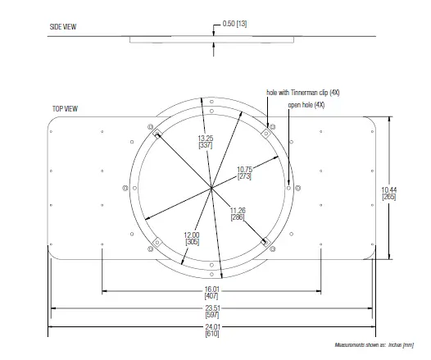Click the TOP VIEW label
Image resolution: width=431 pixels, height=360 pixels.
(66, 108)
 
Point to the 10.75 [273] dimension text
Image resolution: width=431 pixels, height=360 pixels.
(244, 173)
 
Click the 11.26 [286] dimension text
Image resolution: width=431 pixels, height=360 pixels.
(238, 212)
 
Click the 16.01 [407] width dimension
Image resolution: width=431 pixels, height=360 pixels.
(212, 294)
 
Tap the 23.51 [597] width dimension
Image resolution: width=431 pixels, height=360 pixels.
(212, 312)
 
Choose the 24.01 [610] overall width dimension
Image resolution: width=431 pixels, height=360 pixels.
(212, 330)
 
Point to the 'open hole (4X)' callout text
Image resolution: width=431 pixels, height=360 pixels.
(307, 105)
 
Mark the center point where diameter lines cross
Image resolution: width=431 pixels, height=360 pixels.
(211, 189)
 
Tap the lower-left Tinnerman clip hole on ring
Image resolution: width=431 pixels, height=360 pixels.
(156, 242)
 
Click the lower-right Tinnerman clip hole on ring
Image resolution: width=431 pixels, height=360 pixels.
(265, 242)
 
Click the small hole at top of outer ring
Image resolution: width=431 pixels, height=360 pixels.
(211, 103)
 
